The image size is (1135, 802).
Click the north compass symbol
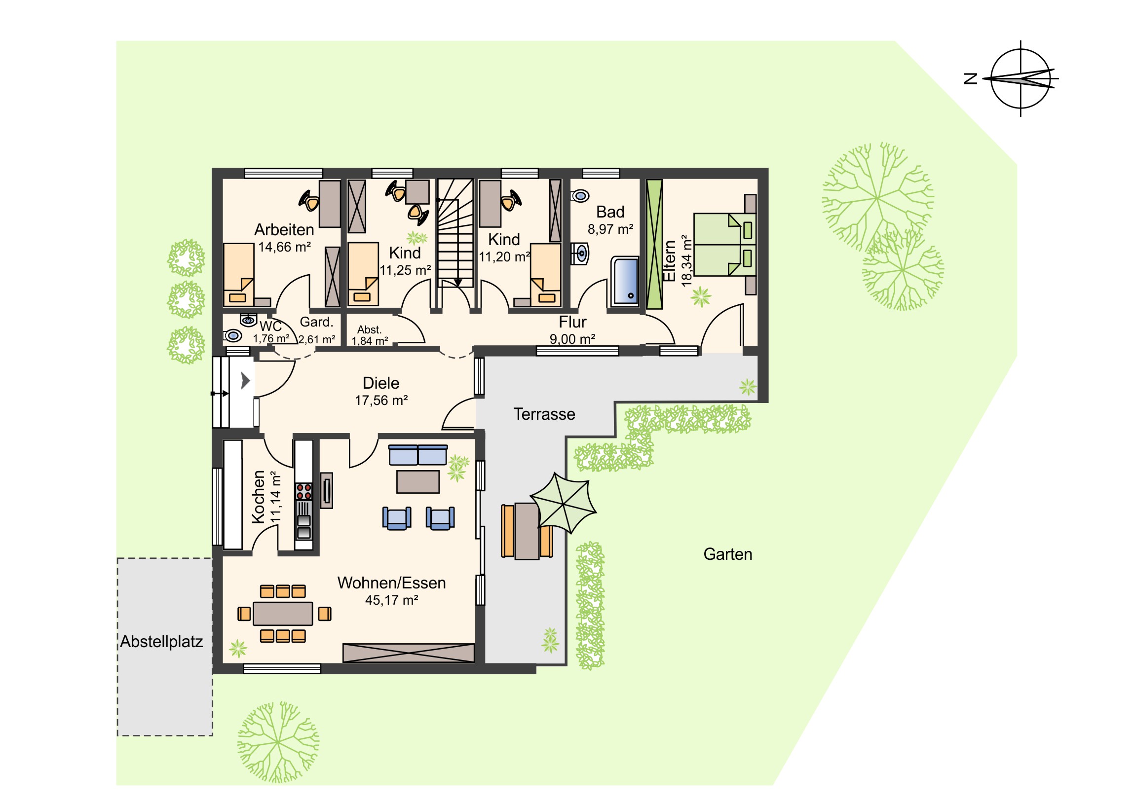coord(1021,79)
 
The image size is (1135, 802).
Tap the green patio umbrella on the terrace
coord(563,503)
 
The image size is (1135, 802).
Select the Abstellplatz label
coord(162,642)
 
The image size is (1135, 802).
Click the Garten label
coord(728,554)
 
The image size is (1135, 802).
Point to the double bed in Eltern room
coord(725,244)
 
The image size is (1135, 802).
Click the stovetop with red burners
coord(303,492)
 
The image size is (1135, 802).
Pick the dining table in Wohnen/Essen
coord(283,614)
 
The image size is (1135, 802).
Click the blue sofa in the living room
coord(417,455)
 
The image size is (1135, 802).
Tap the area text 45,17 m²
coord(391,600)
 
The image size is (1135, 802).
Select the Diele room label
coord(380,383)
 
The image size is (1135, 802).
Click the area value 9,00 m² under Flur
coord(572,339)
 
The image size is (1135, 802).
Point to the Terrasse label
coord(544,414)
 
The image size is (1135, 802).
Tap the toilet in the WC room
coord(233,336)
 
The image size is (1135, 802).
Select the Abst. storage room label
coord(369,329)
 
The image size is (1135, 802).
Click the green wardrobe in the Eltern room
coord(654,244)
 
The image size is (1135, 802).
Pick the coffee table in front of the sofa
coord(417,482)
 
